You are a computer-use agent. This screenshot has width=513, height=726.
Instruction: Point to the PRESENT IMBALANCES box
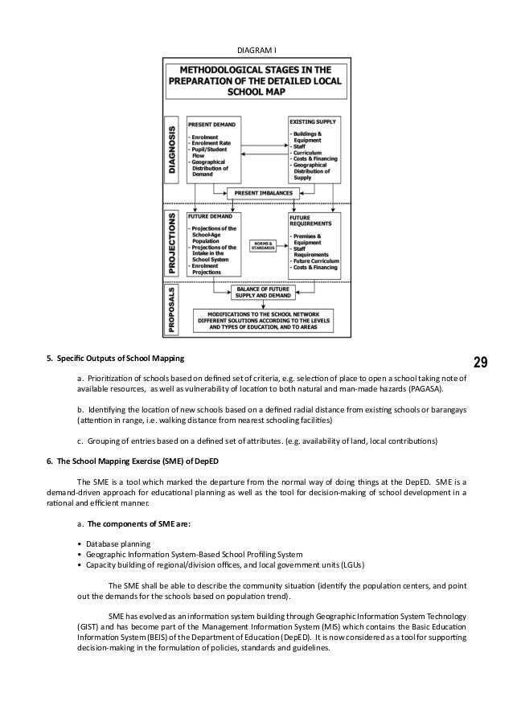265,193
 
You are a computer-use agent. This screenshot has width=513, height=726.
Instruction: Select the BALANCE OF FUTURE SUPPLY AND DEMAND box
263,293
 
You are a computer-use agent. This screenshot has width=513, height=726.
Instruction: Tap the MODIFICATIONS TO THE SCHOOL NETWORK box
263,322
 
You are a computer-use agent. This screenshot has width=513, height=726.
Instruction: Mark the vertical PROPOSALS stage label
173,309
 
